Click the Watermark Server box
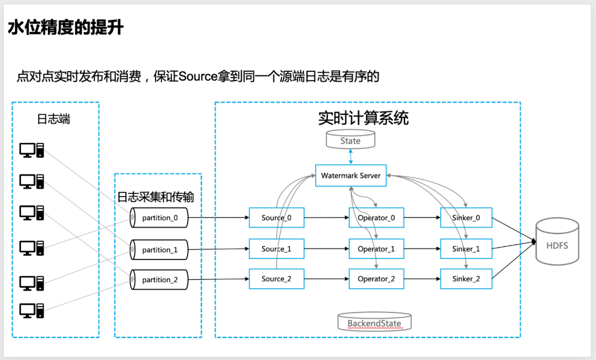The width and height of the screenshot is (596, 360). (x=351, y=176)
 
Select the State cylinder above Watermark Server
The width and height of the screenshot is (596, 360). (x=350, y=139)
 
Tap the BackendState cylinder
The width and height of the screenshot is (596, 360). (x=374, y=322)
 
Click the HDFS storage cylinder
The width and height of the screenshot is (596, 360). (x=557, y=241)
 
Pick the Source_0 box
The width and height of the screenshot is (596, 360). (x=276, y=218)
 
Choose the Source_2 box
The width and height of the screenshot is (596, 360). (x=276, y=279)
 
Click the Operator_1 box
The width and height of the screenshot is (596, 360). (x=376, y=248)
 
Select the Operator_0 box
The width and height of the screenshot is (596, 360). (x=376, y=218)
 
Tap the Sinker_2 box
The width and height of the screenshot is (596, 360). (x=466, y=279)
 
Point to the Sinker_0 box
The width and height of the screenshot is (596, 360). (x=466, y=218)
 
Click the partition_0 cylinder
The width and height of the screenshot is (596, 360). (x=159, y=218)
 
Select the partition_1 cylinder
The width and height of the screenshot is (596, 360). (x=159, y=250)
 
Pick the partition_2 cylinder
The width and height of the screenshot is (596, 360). (x=159, y=280)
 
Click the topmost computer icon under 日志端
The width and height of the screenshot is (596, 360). (x=31, y=150)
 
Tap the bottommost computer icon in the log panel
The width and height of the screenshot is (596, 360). (x=31, y=310)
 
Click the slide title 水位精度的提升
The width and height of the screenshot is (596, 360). (x=66, y=28)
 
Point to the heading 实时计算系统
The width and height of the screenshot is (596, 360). (x=363, y=118)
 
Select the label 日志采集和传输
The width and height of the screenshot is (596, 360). (x=156, y=197)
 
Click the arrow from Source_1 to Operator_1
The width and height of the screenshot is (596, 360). (x=327, y=248)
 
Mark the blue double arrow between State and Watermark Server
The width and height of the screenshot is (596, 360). (x=350, y=157)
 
